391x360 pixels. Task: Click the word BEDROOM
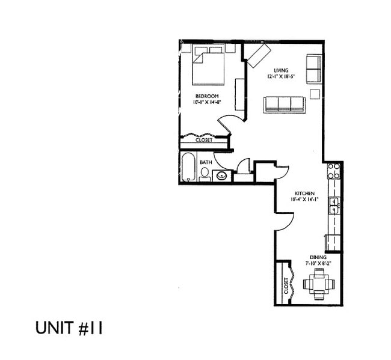206,96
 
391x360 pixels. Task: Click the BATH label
206,162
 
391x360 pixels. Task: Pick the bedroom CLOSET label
204,140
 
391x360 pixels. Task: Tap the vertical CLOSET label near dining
285,287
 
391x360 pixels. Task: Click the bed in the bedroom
209,67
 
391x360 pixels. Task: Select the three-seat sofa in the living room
285,104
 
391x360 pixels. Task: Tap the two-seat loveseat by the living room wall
313,70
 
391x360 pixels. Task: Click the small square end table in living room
315,93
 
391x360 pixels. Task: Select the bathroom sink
221,175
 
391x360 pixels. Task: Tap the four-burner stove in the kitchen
334,171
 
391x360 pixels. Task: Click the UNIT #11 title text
69,328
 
